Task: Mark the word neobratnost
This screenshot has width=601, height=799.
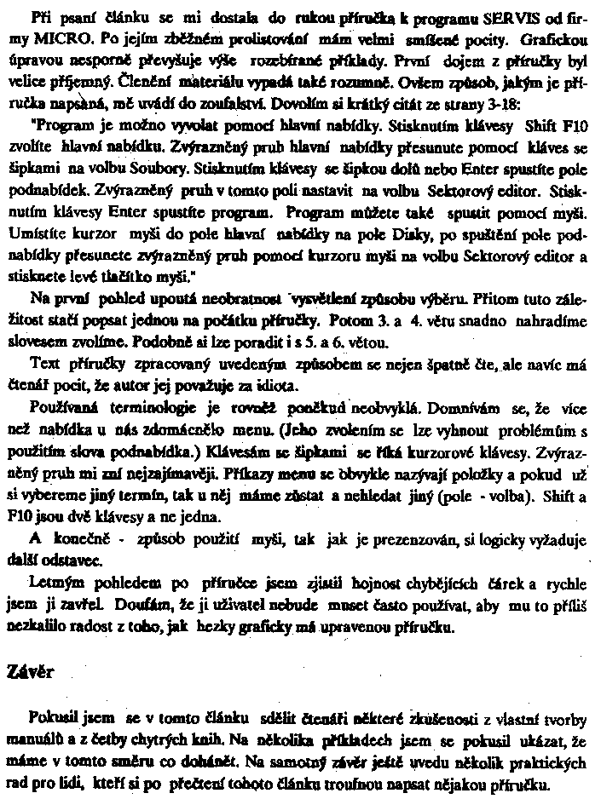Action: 254,299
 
